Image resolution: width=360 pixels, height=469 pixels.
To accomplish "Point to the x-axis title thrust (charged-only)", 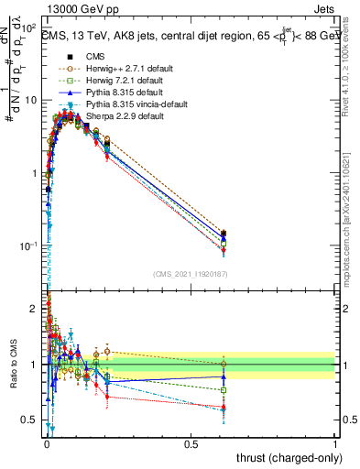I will coord(285,457).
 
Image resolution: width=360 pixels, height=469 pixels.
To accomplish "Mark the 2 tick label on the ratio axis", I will coord(35,308).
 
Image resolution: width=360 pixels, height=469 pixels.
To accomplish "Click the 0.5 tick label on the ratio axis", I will coord(30,421).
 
